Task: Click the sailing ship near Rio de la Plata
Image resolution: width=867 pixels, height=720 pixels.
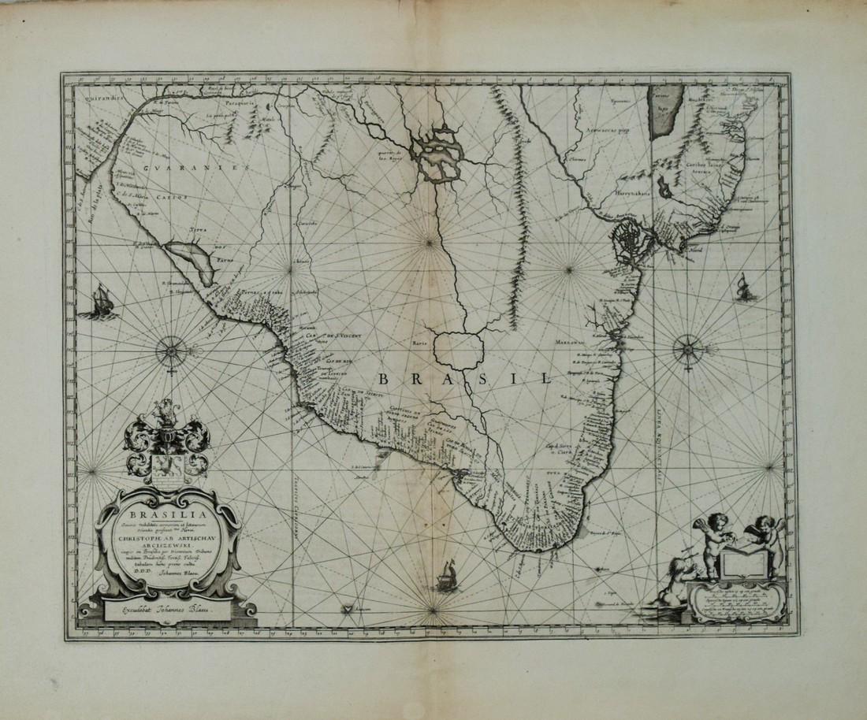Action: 99,302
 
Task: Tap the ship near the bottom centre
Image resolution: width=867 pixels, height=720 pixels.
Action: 448,574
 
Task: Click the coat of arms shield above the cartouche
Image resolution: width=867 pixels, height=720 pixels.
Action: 166,461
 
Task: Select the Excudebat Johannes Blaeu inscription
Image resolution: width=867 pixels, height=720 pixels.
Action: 166,608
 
